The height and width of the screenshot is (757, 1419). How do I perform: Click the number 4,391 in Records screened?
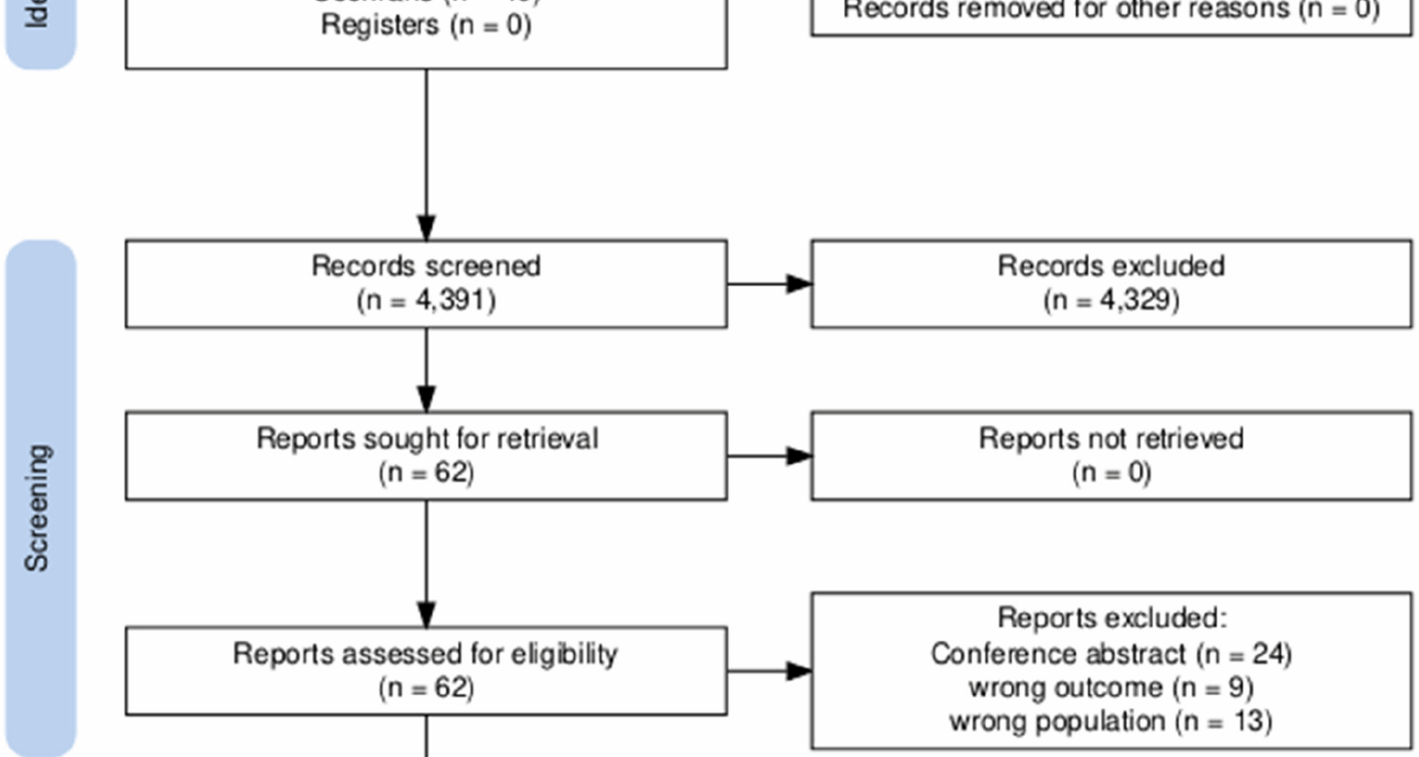click(455, 301)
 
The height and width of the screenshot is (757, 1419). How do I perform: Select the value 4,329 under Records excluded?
click(1138, 301)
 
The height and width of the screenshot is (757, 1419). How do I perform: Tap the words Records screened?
click(426, 266)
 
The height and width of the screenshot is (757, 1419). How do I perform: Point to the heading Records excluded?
click(1111, 266)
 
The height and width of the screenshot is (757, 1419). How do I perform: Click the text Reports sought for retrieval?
click(426, 438)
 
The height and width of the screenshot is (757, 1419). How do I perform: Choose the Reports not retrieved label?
click(1111, 438)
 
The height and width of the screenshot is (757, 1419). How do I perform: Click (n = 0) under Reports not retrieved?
click(1111, 472)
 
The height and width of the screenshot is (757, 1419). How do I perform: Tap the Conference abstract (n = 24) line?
click(1111, 654)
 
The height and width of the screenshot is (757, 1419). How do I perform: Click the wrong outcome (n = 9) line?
click(1111, 688)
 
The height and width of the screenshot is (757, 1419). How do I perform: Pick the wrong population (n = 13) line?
click(1111, 721)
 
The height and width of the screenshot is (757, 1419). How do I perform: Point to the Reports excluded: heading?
click(1111, 618)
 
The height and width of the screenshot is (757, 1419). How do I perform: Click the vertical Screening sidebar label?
click(37, 508)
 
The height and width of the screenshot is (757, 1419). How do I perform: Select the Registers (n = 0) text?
click(426, 25)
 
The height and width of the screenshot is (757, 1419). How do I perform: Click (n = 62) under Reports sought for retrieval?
click(426, 472)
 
